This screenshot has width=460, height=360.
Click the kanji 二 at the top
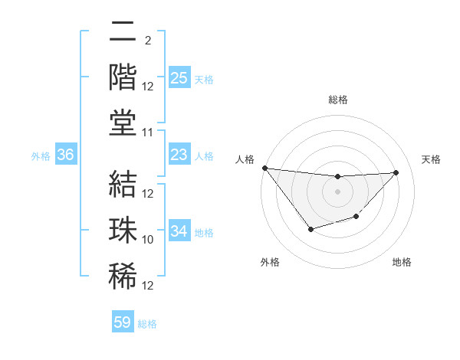123,31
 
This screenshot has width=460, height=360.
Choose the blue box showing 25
179,78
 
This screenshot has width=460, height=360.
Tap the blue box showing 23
179,155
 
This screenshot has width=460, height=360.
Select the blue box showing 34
179,231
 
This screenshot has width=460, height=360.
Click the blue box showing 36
66,155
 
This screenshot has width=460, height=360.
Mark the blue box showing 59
123,322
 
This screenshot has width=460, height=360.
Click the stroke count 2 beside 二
148,40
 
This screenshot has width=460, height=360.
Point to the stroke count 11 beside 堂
148,133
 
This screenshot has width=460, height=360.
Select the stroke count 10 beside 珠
148,239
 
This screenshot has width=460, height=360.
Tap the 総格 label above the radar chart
337,100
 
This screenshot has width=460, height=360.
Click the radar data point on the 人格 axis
264,168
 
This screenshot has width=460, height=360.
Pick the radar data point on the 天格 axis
396,172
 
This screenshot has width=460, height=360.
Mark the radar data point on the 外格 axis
310,229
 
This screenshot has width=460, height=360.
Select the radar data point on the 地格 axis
356,218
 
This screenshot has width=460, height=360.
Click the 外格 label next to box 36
41,156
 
